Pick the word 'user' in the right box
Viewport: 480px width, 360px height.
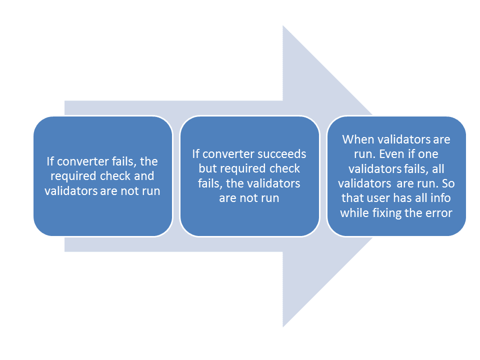tap(375, 198)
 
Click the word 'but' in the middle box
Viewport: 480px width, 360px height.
tap(208, 168)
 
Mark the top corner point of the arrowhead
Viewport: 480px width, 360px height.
tap(283, 25)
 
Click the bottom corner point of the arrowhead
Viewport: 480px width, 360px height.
tap(283, 327)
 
